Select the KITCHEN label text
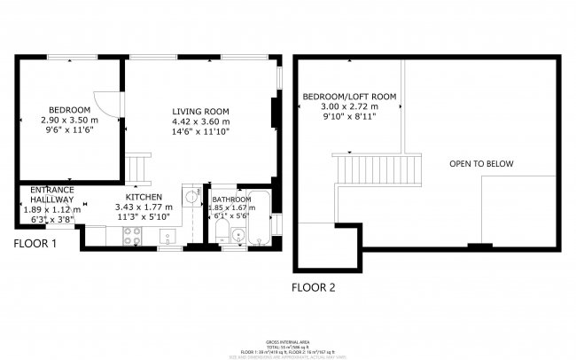(143, 197)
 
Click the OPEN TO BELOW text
(480, 164)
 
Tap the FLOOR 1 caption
(35, 243)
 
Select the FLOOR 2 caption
(314, 287)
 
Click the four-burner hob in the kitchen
(131, 235)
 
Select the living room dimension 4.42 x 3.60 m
(200, 121)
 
